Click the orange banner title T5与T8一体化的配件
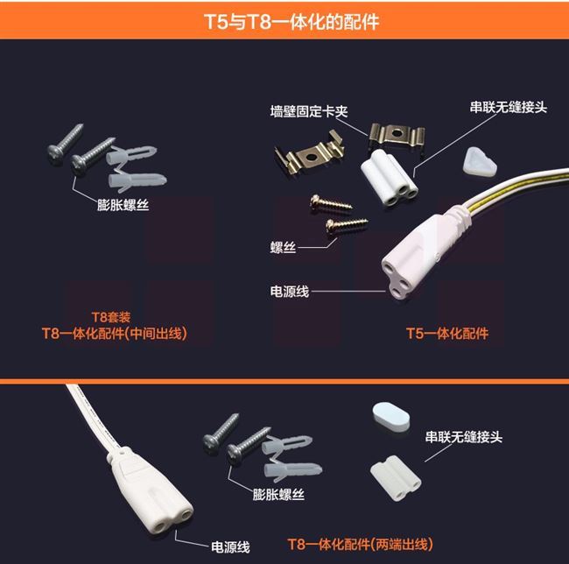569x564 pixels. click(x=292, y=21)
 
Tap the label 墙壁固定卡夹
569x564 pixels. click(x=309, y=111)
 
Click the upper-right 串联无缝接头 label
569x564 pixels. click(x=508, y=107)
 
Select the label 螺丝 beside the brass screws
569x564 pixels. click(x=283, y=248)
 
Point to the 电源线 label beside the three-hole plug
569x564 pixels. click(x=290, y=292)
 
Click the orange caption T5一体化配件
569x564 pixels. click(x=447, y=333)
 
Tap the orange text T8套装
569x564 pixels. click(x=110, y=317)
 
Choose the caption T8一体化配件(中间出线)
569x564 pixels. click(x=115, y=333)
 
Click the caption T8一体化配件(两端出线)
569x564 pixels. click(x=361, y=544)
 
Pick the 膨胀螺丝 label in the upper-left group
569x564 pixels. click(x=123, y=205)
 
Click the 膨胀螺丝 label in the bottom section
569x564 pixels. click(x=278, y=494)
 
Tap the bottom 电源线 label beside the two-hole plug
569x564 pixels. click(x=230, y=547)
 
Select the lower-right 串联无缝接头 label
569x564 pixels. click(x=464, y=437)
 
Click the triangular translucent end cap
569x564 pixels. click(x=480, y=163)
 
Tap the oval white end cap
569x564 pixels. click(x=391, y=417)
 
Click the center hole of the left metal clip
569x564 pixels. click(x=311, y=158)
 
